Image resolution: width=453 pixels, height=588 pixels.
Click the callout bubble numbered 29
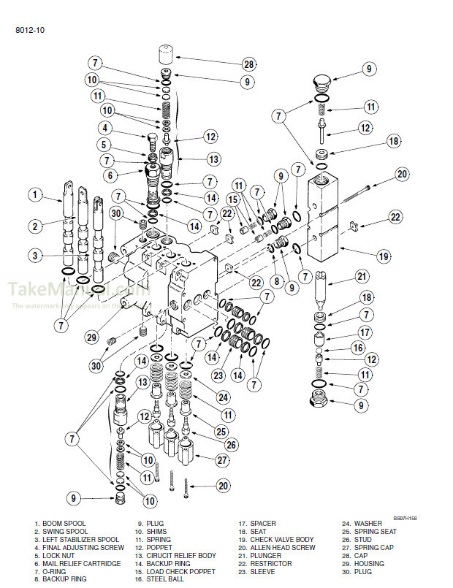[90, 337]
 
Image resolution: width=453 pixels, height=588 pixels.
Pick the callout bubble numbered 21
[360, 276]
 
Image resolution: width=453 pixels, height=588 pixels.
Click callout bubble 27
[221, 460]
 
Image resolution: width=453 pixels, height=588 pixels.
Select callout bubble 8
[277, 280]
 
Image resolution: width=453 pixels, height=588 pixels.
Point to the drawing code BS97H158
[405, 516]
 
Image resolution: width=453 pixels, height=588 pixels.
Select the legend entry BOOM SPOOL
[61, 524]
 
